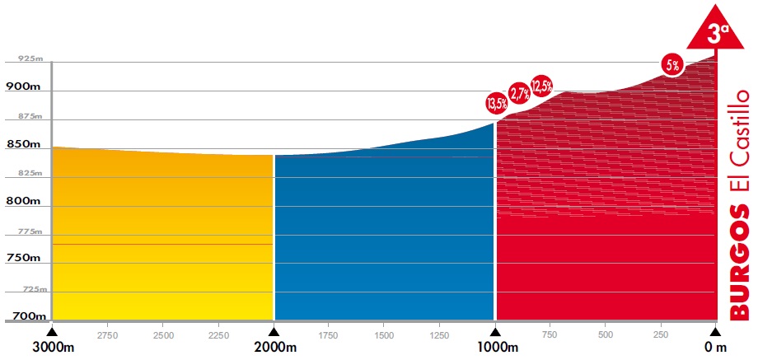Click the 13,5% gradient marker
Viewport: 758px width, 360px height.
pyautogui.click(x=497, y=104)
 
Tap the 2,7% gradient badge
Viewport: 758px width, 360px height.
pyautogui.click(x=519, y=93)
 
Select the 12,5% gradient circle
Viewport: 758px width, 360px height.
pyautogui.click(x=541, y=85)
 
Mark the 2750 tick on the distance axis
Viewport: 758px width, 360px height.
pyautogui.click(x=107, y=336)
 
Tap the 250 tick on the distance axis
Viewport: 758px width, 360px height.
pyautogui.click(x=660, y=336)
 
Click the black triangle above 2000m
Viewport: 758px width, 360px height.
pyautogui.click(x=274, y=331)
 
